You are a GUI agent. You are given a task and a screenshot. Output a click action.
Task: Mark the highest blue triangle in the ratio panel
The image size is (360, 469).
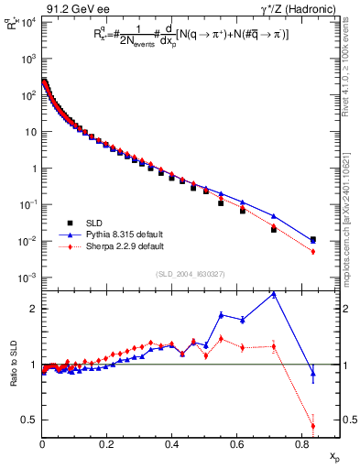tap(274, 294)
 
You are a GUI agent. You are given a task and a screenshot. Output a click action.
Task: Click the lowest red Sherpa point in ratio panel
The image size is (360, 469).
tap(313, 426)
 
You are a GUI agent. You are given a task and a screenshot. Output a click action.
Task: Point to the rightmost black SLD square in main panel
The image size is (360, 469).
tap(313, 240)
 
